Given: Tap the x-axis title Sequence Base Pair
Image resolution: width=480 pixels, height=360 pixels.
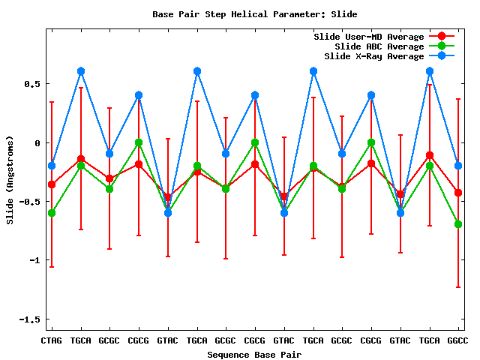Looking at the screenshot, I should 254,354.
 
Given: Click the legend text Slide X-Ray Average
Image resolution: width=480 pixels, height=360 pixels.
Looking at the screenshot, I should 373,56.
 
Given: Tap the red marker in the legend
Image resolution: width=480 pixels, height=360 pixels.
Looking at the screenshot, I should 442,37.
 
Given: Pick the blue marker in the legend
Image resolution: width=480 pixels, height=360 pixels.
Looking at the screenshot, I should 442,56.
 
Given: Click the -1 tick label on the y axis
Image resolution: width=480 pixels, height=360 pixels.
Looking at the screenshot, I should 34,260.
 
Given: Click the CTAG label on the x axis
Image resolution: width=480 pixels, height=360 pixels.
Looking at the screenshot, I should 52,340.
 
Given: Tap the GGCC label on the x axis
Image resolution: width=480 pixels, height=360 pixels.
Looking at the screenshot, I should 458,340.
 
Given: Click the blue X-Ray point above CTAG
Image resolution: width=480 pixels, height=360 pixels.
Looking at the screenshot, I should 52,166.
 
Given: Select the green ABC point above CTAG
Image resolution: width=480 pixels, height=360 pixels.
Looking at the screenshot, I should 52,213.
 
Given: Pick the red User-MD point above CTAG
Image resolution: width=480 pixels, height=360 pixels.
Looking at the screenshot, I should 52,184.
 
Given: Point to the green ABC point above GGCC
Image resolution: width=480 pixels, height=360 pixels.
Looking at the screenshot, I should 458,224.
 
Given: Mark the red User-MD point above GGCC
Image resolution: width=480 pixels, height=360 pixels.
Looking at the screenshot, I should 458,193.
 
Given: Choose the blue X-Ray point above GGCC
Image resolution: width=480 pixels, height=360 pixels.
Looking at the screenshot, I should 458,166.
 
